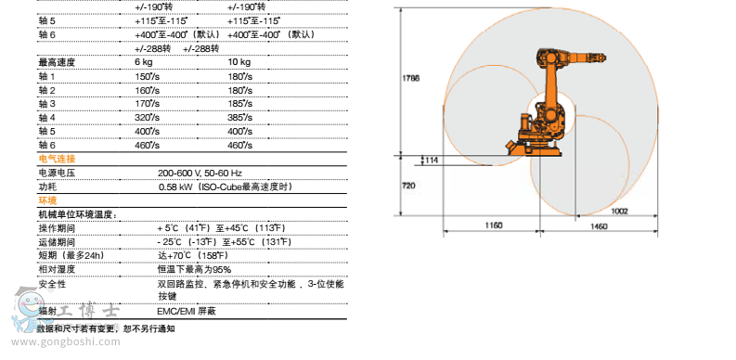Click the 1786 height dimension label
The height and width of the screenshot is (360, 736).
coord(411,78)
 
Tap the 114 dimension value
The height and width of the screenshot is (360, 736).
coord(432,161)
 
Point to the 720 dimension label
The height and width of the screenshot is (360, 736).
coord(408,186)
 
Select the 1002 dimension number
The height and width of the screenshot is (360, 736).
coord(620,212)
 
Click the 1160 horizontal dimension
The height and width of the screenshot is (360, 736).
coord(494,225)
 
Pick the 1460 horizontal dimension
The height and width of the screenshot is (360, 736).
coord(599,226)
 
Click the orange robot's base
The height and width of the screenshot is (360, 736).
coord(534,149)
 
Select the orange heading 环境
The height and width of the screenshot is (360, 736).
coord(47,201)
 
